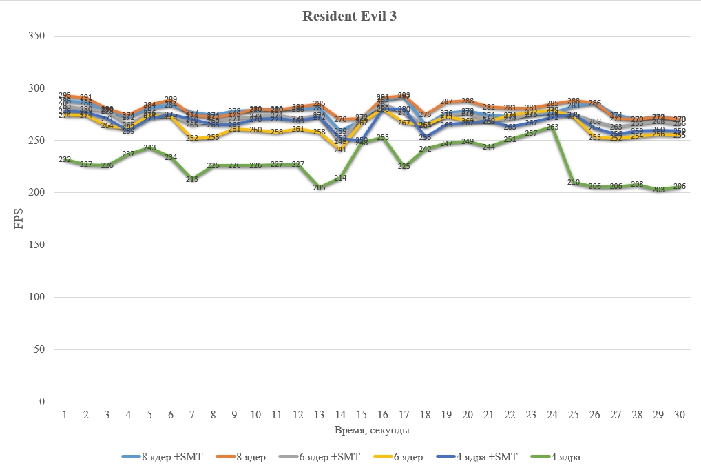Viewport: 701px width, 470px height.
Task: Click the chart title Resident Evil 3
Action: tap(350, 17)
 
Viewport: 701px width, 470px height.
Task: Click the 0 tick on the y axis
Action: tap(42, 402)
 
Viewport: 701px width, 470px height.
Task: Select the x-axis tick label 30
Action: tap(679, 415)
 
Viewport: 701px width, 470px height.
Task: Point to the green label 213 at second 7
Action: tap(192, 179)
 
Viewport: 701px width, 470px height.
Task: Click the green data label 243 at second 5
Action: tap(149, 148)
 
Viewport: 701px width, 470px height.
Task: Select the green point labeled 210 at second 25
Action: tap(573, 182)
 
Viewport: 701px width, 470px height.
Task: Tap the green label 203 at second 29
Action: tap(658, 190)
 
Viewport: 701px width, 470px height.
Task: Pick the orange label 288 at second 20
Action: tap(467, 101)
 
